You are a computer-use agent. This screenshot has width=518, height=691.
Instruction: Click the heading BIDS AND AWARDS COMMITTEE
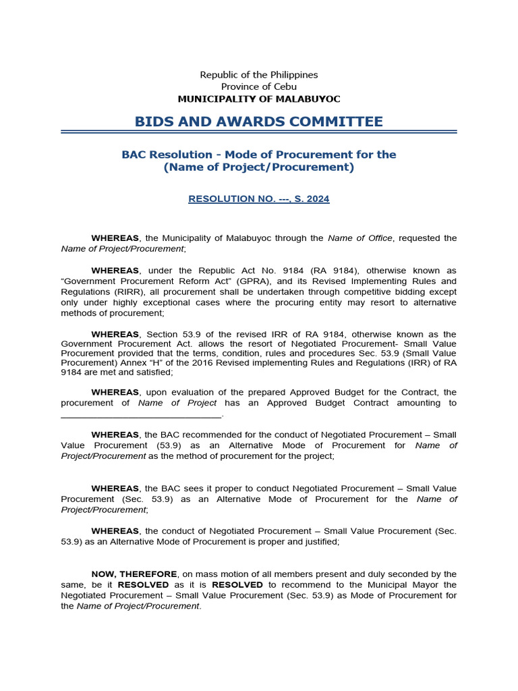258,121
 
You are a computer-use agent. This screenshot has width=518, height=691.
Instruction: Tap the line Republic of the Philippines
259,75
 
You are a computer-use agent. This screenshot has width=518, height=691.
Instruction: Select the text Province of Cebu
259,86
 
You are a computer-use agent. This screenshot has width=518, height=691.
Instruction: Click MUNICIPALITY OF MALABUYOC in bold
259,99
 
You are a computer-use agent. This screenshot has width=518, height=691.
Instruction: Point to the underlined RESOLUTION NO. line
259,199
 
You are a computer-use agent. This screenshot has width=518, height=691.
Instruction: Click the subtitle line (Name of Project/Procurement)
259,167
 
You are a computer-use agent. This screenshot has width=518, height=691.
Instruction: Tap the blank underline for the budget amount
141,414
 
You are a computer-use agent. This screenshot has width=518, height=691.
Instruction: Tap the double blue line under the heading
259,132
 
